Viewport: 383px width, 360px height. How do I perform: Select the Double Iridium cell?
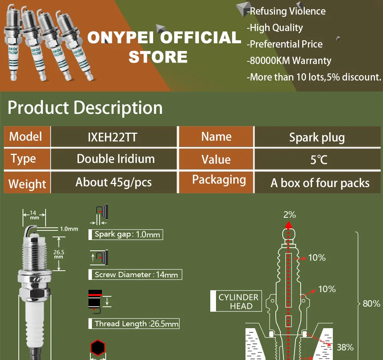[x=116, y=159]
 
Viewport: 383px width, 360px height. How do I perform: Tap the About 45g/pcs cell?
[x=113, y=182]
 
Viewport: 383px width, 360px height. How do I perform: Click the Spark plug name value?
[x=317, y=137]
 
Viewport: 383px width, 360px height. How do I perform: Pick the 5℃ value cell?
[x=319, y=159]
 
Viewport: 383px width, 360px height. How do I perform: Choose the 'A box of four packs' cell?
[x=320, y=183]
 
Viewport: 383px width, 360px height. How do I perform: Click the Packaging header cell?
[x=219, y=180]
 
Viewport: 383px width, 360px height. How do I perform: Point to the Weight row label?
[x=27, y=183]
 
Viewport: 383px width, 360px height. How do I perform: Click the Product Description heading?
[x=85, y=108]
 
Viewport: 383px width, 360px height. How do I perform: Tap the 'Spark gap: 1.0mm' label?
[x=126, y=234]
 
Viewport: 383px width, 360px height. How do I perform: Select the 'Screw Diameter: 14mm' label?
[x=136, y=275]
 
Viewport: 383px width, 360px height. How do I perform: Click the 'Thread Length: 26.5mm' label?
[x=136, y=324]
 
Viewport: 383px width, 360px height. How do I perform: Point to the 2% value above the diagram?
[x=290, y=215]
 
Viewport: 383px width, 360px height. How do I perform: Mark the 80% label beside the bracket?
[x=371, y=304]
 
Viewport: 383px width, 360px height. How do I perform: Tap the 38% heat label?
[x=345, y=347]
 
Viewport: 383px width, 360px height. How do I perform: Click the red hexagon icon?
[x=98, y=347]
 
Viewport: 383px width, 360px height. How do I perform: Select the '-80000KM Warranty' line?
[x=289, y=61]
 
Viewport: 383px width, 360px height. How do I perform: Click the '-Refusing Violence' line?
[x=286, y=12]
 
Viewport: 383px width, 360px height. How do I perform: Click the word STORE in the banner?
[x=158, y=57]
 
